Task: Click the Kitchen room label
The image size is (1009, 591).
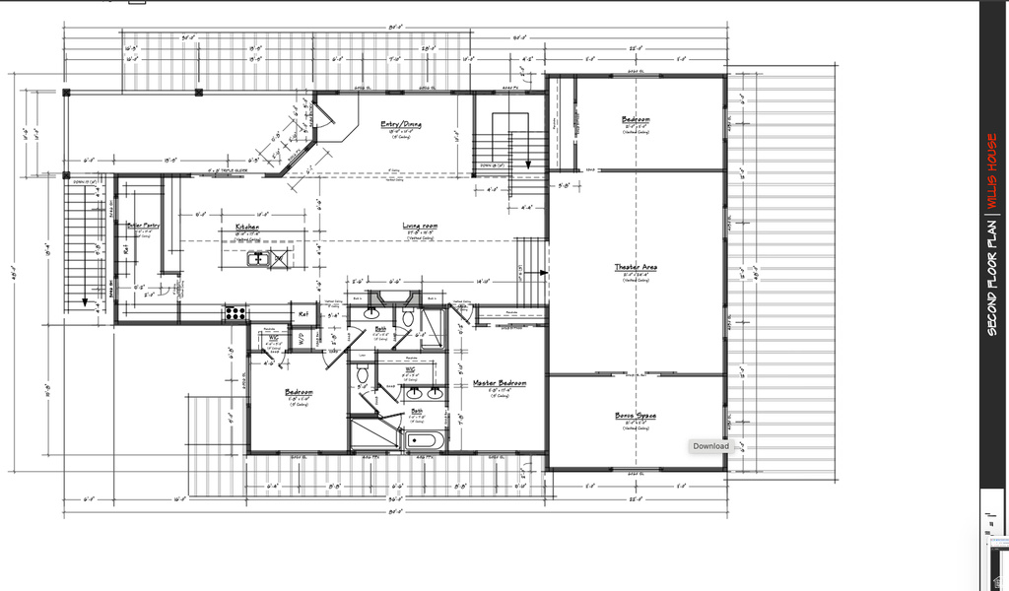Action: point(247,227)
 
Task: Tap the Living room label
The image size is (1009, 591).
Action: point(420,227)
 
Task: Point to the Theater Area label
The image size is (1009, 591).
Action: point(636,267)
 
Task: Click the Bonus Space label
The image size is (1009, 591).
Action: point(636,416)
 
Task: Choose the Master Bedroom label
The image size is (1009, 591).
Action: point(500,383)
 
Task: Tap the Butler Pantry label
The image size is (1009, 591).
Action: point(143,226)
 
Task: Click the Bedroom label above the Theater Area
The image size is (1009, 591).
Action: point(636,120)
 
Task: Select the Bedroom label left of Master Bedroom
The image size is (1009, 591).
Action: point(300,392)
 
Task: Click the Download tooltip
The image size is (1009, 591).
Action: point(710,446)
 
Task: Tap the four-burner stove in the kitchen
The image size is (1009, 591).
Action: point(235,313)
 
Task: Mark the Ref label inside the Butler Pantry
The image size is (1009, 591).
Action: point(126,248)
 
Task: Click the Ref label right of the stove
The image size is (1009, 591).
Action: point(304,314)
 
